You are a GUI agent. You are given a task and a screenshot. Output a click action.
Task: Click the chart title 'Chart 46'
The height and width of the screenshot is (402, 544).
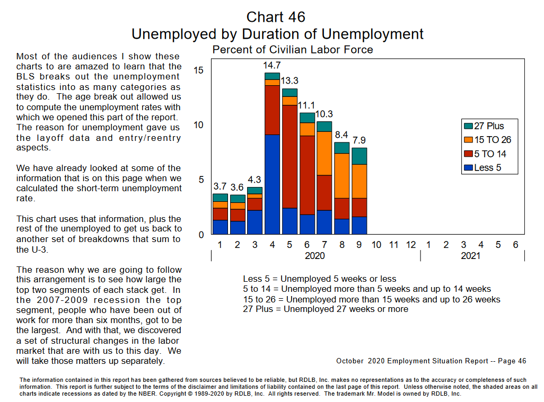(276, 17)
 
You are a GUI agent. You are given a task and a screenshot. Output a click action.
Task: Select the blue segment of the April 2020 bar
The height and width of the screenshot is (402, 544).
(272, 184)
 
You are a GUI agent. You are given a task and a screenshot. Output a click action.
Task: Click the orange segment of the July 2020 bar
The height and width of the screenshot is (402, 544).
(324, 153)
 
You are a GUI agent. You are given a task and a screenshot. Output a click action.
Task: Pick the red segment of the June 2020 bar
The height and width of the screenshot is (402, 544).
(307, 175)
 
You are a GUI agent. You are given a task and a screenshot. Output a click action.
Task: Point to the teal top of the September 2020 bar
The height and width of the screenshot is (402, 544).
(359, 156)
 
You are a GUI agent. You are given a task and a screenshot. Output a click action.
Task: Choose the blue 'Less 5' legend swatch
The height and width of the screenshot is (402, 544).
(468, 168)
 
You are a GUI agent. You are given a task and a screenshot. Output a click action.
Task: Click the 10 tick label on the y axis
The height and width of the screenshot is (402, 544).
(198, 125)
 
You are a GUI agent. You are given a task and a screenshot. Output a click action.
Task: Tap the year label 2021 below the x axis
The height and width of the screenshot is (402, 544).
(471, 256)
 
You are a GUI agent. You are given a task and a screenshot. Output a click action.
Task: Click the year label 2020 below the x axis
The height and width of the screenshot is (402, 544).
(315, 256)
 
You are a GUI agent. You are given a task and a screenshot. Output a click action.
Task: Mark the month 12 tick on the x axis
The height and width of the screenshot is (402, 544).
(410, 245)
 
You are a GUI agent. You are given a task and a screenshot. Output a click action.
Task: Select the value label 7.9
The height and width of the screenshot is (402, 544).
(359, 141)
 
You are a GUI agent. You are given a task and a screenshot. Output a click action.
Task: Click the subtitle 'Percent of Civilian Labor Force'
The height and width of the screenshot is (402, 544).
(293, 50)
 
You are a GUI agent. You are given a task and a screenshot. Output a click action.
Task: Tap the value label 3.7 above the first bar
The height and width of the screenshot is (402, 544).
(220, 186)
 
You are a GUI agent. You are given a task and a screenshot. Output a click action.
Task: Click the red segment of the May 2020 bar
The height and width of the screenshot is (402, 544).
(289, 156)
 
